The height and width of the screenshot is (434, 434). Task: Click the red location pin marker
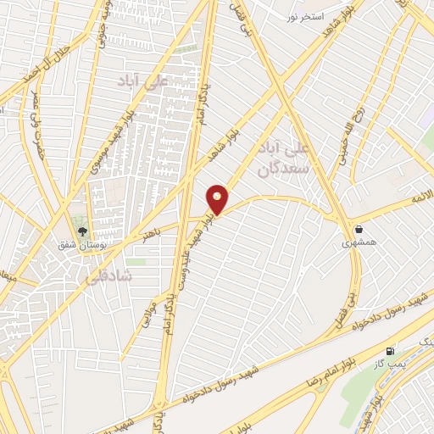(x=218, y=199)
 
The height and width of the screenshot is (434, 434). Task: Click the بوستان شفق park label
(x=78, y=245)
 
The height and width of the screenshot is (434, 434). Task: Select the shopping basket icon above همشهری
(x=359, y=229)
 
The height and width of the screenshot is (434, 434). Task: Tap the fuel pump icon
(x=390, y=351)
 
